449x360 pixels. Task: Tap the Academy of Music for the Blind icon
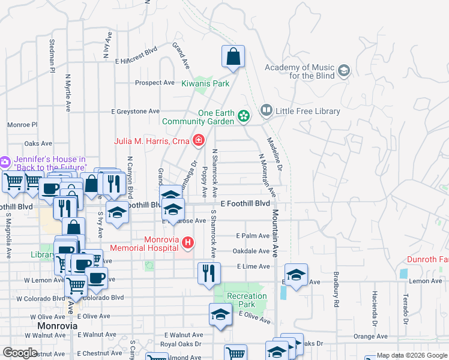[344, 72]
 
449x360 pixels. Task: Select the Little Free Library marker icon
[266, 111]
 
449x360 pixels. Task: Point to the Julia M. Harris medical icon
[198, 142]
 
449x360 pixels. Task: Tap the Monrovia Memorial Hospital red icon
[188, 243]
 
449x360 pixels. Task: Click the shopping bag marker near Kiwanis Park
[234, 57]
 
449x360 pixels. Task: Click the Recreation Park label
[246, 300]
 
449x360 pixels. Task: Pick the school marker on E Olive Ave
[221, 314]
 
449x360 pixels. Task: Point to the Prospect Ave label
[155, 83]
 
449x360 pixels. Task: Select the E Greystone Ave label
[136, 111]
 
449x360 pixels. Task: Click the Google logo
[20, 353]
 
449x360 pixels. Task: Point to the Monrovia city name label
[58, 326]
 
